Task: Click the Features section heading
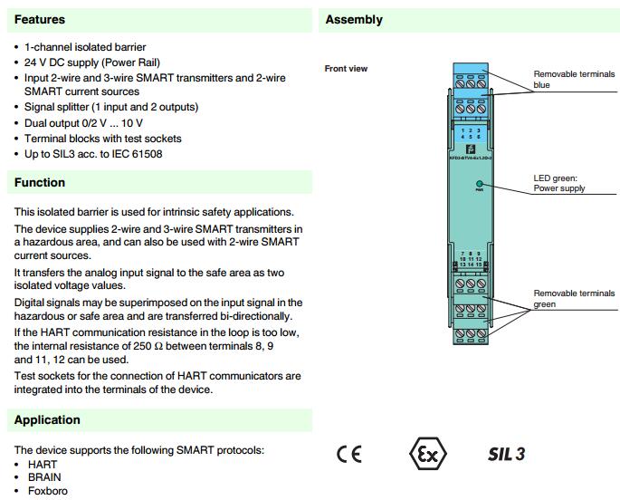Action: click(40, 19)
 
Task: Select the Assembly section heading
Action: click(354, 19)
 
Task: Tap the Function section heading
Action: click(40, 182)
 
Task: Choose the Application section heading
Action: click(47, 419)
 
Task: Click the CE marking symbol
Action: click(348, 454)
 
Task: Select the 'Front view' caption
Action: click(346, 69)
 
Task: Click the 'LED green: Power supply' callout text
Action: click(559, 184)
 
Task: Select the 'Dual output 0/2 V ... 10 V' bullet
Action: click(83, 122)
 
